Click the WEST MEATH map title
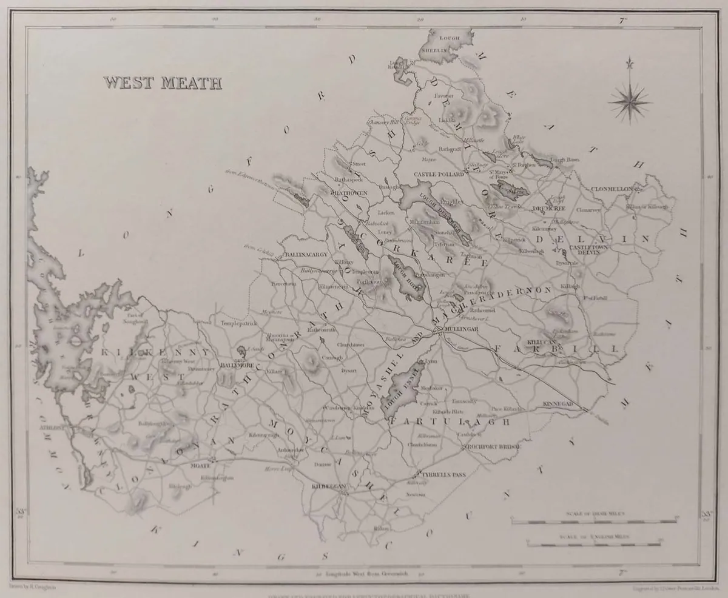click(162, 83)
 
